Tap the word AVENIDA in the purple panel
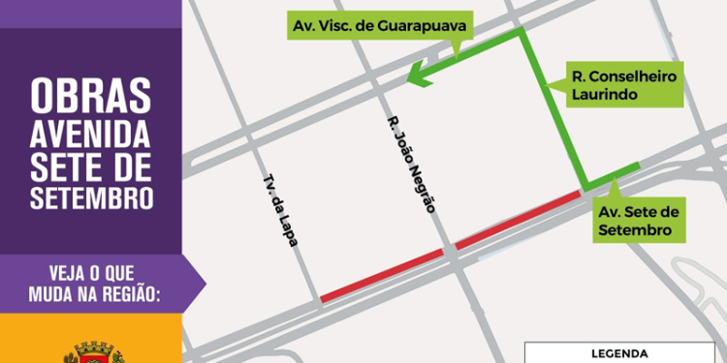tap(90, 129)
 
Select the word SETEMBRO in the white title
tap(90, 198)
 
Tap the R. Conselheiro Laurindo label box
tap(624, 85)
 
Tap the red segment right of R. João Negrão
tap(519, 219)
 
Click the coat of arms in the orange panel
tap(93, 350)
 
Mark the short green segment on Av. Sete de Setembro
tap(613, 176)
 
